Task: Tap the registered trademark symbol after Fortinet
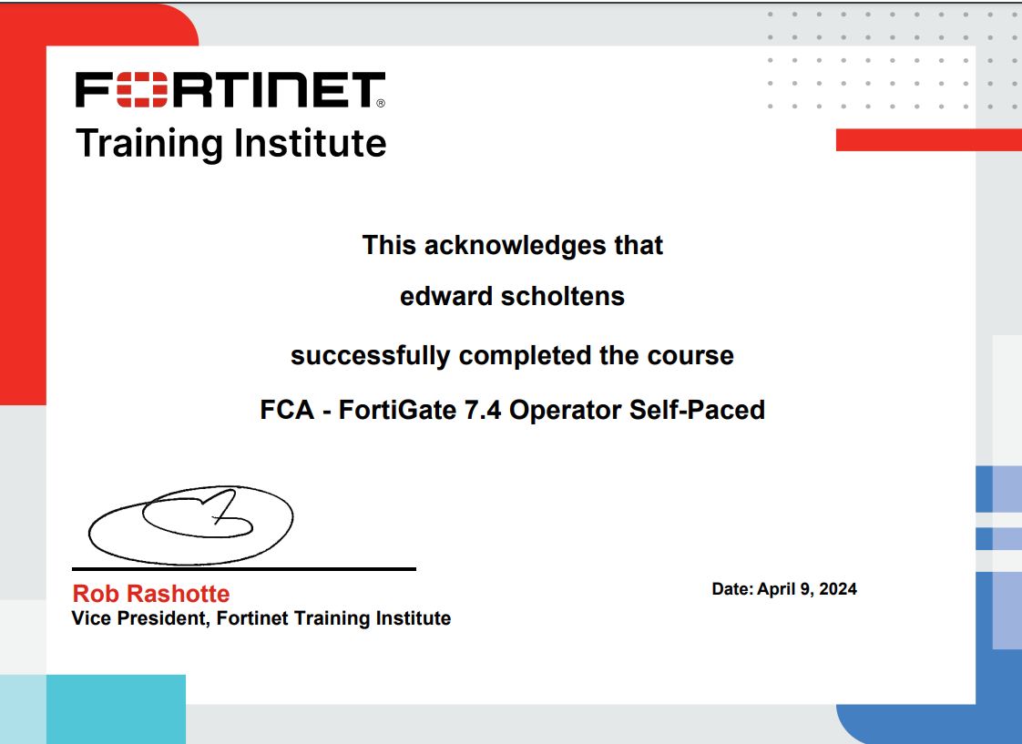[x=381, y=103]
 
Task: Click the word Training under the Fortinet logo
[x=149, y=144]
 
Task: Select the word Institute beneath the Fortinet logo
[x=311, y=143]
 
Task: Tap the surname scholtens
[x=563, y=296]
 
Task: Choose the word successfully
[x=370, y=356]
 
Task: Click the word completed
[x=526, y=356]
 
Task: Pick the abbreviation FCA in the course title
[x=287, y=411]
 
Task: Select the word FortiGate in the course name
[x=397, y=411]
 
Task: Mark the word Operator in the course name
[x=565, y=411]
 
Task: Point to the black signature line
[x=244, y=569]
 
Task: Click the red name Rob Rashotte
[x=151, y=594]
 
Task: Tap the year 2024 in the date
[x=837, y=589]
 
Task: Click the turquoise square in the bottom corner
[x=116, y=708]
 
